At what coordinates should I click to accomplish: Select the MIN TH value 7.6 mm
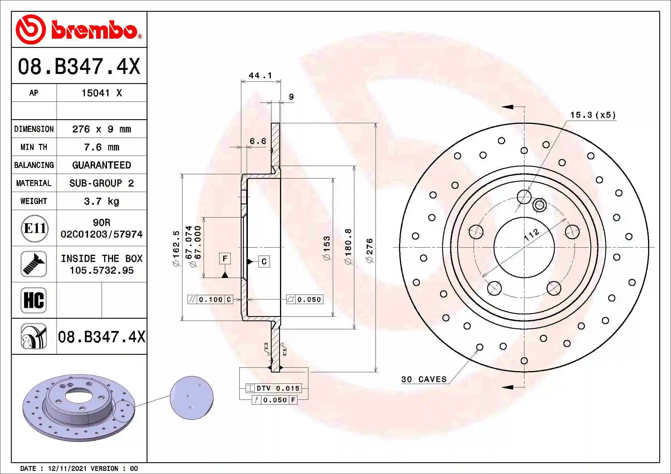(101, 147)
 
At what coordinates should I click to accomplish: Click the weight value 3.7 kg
(101, 201)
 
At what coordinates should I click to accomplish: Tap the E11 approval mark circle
(34, 228)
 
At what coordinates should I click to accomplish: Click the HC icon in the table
(34, 300)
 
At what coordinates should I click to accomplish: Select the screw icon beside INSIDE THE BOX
(34, 264)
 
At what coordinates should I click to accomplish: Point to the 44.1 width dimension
(260, 76)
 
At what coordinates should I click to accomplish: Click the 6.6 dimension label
(258, 141)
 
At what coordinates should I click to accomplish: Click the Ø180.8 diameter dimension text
(348, 247)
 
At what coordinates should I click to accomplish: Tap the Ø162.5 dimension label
(176, 248)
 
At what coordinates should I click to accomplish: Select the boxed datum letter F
(225, 258)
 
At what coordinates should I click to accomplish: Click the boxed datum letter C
(264, 262)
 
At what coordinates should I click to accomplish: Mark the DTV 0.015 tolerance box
(274, 388)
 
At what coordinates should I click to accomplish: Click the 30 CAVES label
(424, 379)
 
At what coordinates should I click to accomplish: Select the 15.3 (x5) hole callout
(593, 115)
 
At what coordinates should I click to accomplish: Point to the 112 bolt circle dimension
(531, 235)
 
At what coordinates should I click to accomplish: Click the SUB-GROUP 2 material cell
(101, 183)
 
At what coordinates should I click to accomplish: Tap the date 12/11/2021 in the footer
(67, 469)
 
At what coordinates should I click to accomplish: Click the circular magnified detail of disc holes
(191, 397)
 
